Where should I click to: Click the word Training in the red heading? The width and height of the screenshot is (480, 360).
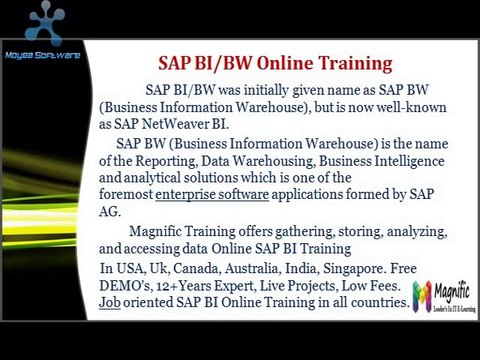point(352,64)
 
